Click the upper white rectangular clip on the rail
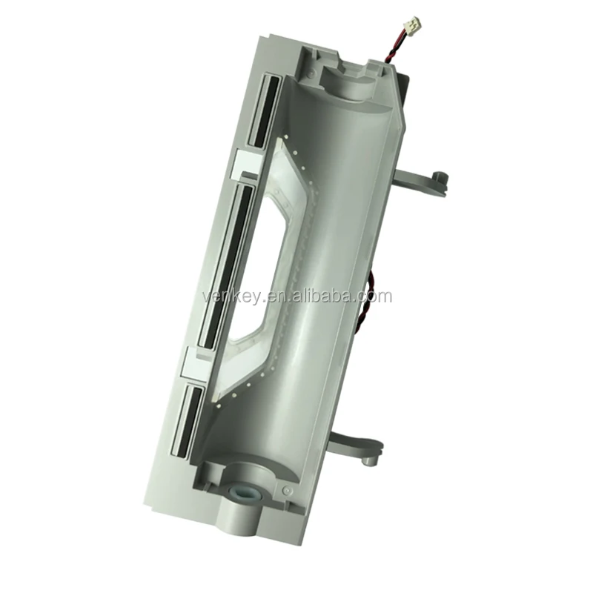[x=246, y=164]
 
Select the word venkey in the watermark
[x=228, y=296]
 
